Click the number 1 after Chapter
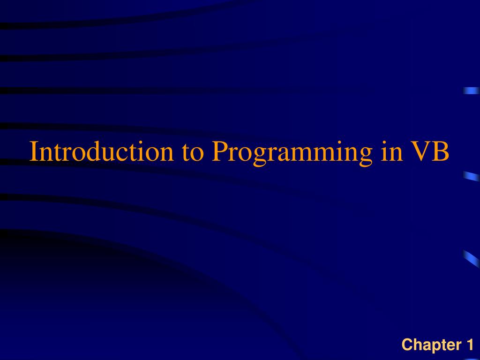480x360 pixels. [469, 345]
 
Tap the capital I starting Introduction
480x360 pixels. [33, 151]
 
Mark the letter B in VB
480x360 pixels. [441, 151]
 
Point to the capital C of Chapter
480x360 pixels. [407, 345]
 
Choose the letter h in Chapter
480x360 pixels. [417, 345]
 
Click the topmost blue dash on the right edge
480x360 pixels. [471, 90]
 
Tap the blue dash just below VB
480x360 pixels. [471, 176]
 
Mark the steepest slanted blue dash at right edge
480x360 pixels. [471, 258]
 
